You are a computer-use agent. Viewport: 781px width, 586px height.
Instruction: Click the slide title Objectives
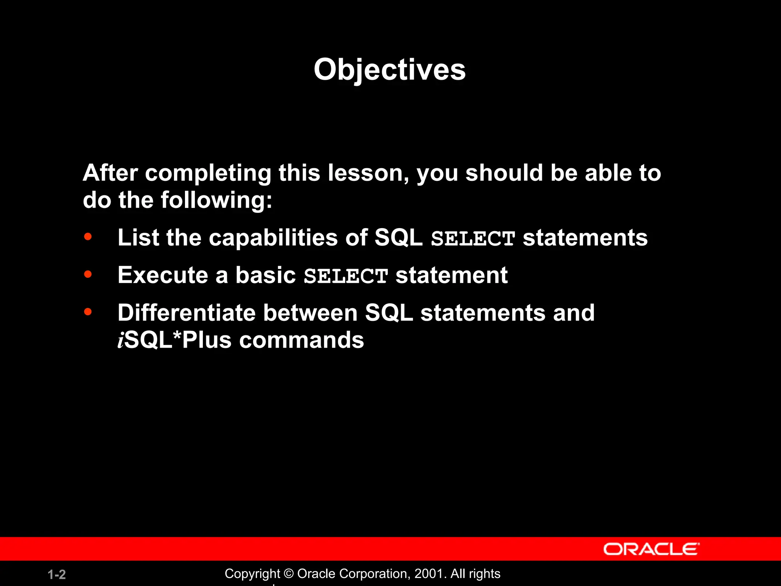pos(389,70)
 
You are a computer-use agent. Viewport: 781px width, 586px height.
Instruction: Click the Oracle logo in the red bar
pos(651,549)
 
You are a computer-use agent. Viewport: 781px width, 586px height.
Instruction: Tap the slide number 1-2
pos(57,575)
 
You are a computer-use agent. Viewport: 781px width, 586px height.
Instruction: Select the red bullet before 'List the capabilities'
pos(88,237)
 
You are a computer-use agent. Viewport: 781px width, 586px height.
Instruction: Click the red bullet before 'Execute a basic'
pos(88,274)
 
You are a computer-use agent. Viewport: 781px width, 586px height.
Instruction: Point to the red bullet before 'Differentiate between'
pos(88,312)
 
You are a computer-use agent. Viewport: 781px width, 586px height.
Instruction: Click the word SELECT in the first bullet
pos(473,238)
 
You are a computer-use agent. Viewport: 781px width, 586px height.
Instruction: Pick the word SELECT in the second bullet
pos(346,276)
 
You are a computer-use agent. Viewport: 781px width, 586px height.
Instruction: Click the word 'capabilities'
pos(273,238)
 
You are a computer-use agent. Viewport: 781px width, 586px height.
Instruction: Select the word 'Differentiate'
pos(186,313)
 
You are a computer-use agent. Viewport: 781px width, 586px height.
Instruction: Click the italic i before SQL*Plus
pos(121,340)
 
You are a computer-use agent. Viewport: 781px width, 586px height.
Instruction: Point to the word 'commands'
pos(301,340)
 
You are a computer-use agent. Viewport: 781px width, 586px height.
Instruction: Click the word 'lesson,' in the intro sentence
pos(368,173)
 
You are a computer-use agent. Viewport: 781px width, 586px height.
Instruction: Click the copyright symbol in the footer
pos(289,574)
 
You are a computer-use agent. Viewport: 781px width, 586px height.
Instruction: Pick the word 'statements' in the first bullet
pos(585,238)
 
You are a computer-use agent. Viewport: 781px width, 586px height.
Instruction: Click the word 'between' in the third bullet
pos(310,313)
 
